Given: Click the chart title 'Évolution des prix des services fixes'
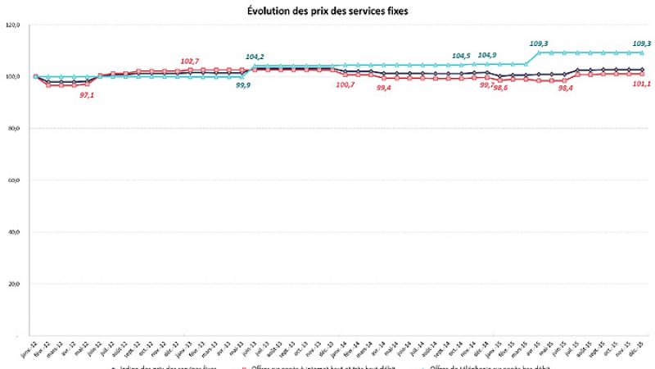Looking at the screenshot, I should tap(328, 11).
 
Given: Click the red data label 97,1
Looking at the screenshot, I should tap(88, 95).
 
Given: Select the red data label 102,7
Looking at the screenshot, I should tap(190, 61).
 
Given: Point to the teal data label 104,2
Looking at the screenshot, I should tap(255, 57).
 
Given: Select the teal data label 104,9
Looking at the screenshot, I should tap(487, 55).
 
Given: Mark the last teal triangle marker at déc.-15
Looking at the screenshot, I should tap(642, 52).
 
